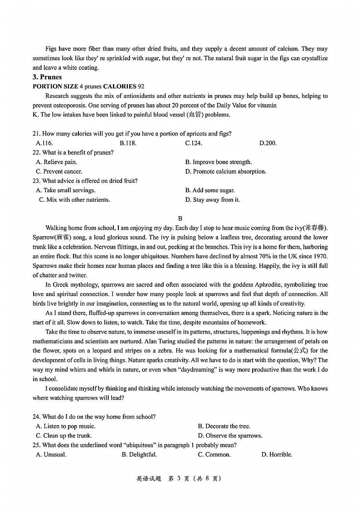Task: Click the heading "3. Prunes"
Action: [47, 77]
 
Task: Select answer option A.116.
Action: [44, 143]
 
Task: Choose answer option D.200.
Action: [268, 143]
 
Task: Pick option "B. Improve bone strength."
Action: [218, 162]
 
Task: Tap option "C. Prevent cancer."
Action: [59, 171]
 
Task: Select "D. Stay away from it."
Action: [212, 199]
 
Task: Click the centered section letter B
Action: [180, 218]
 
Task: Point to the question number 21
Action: [36, 134]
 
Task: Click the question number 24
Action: [36, 417]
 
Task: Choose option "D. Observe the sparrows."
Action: [230, 436]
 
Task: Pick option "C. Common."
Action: [214, 455]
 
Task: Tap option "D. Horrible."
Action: [277, 455]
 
